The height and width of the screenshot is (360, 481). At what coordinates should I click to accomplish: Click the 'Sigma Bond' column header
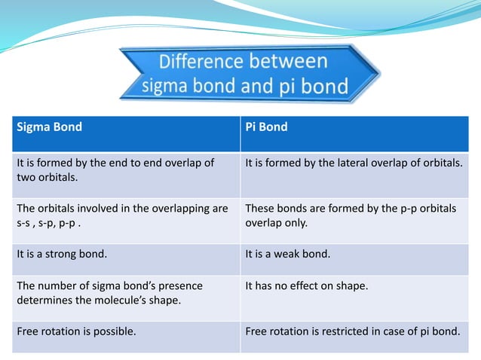(50, 127)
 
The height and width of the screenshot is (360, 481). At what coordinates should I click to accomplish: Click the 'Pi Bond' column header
(266, 127)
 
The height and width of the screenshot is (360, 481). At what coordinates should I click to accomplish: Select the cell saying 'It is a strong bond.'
(62, 254)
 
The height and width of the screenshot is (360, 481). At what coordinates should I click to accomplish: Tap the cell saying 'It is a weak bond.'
(288, 254)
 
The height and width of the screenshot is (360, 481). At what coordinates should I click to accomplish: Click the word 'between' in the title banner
(291, 61)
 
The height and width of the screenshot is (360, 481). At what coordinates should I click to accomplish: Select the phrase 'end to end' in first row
(153, 163)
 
